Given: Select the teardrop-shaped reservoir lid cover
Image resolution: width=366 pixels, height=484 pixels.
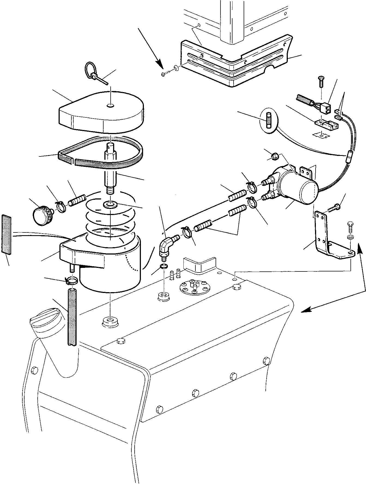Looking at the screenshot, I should click(101, 112).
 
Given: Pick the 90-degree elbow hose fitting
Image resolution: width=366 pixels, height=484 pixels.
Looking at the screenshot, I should click(165, 244).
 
